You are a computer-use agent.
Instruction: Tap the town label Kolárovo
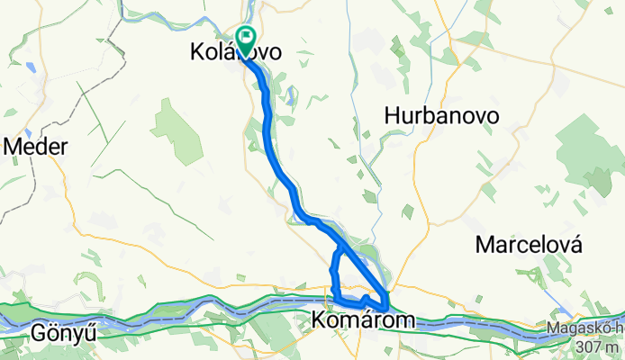point(236,54)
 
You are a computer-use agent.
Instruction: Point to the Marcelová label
point(530,244)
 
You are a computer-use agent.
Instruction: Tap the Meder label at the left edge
point(36,147)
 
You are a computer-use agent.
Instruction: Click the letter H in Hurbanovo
point(391,115)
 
